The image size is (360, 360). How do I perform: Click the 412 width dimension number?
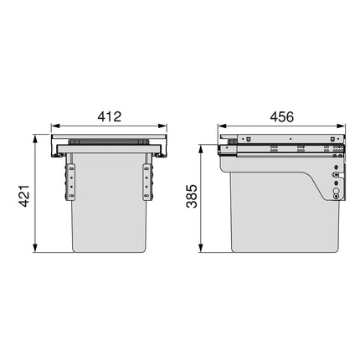click(110, 117)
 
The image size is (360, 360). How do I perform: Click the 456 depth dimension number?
click(281, 117)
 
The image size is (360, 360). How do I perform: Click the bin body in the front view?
click(110, 209)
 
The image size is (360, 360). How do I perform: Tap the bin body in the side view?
click(268, 209)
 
